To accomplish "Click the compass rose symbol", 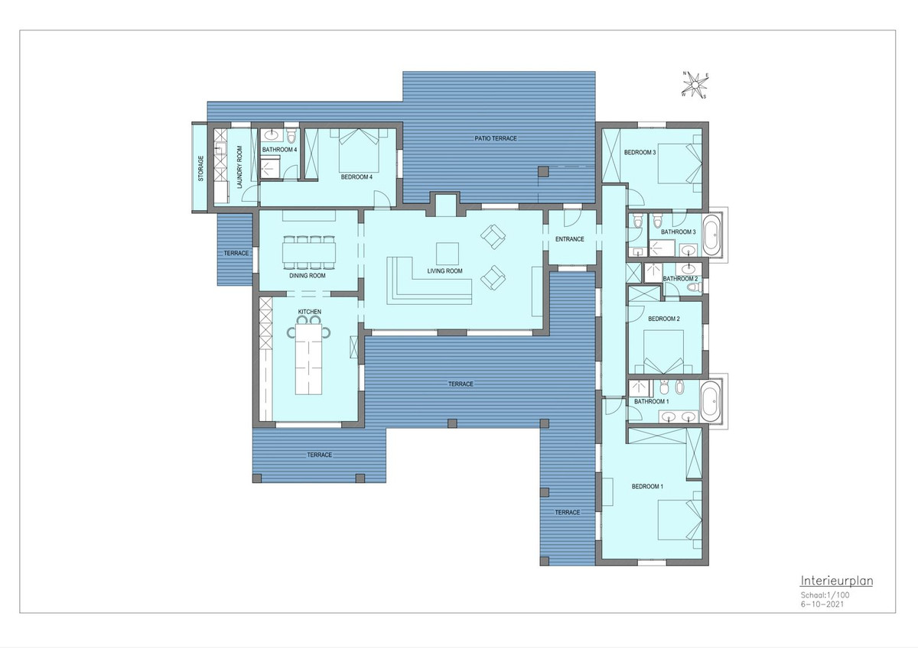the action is coord(695,85).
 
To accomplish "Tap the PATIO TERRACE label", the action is coord(496,138).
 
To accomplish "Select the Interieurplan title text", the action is coord(836,581).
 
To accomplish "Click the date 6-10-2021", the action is coord(822,604).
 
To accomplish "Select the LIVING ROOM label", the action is coord(444,271).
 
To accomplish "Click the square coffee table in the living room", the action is coord(447,254).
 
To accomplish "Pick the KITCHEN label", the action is coord(309,312).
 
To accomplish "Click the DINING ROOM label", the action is coord(308,276).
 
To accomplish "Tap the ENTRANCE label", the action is coord(570,239).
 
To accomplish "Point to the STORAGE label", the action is coord(200,169).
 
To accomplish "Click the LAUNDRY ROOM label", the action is coord(239,167).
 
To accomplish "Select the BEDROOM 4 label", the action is coord(356,177).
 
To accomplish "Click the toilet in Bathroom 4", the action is coord(291,135).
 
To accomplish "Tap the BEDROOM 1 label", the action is coord(647,487).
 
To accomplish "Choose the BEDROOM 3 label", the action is coord(640,152).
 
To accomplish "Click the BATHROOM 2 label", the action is coord(680,279).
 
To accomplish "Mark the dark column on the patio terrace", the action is coord(543,171).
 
